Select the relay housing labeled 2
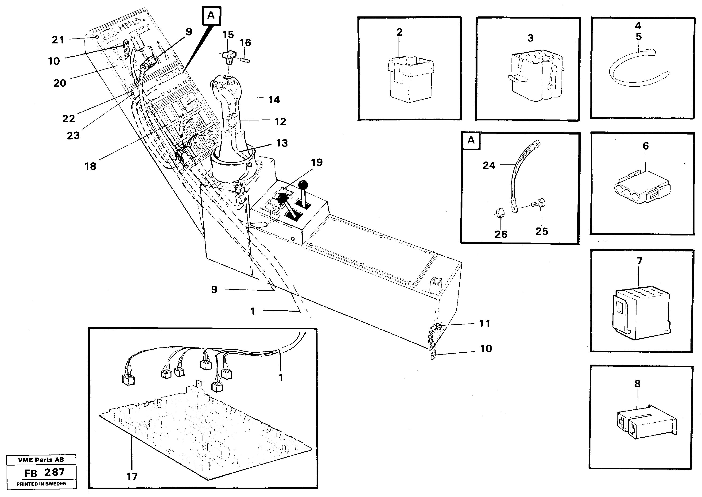410,80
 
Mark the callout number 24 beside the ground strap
489,166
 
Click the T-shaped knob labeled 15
229,57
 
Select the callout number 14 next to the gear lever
274,100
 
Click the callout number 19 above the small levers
317,162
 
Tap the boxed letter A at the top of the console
211,15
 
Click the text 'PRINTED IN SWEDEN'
41,484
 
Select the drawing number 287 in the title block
54,472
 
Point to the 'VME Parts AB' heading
41,460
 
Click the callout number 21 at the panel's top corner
58,40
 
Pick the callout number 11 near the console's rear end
485,324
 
